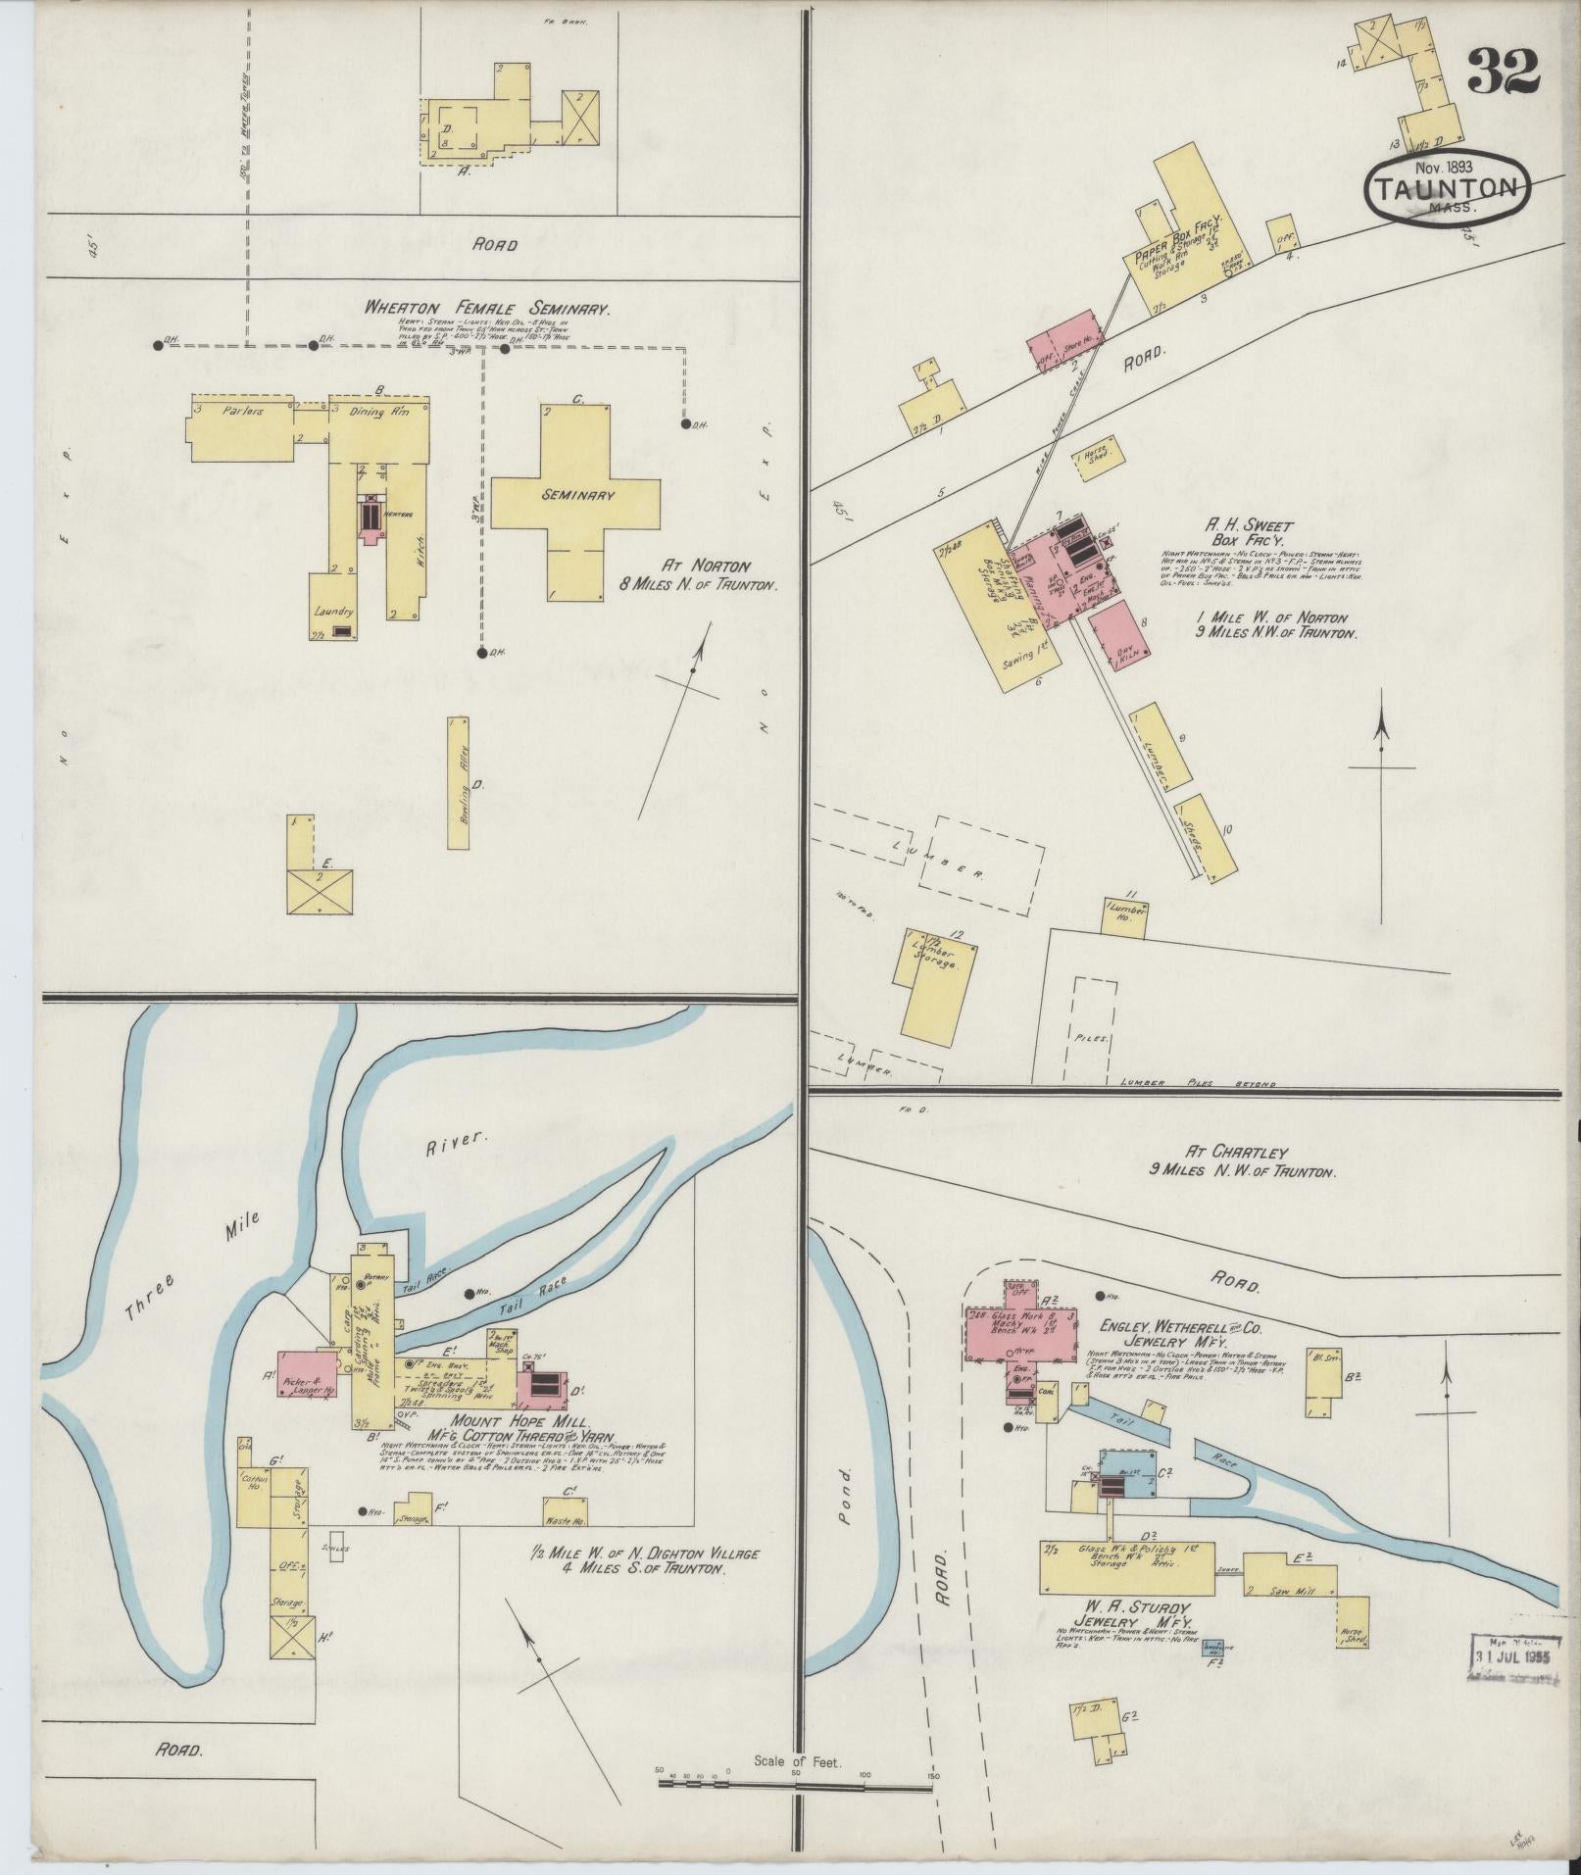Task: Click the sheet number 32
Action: pos(1503,71)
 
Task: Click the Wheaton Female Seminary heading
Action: pos(487,308)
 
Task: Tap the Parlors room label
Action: pos(241,412)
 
